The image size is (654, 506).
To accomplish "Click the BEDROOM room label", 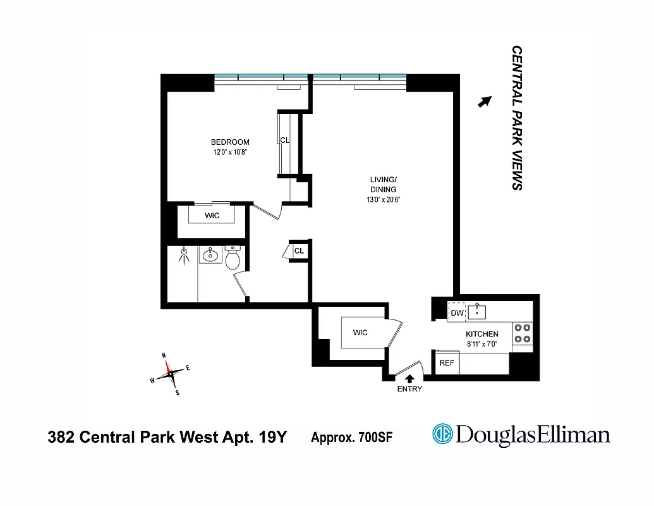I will click(230, 142).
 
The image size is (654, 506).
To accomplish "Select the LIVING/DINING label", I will click(383, 185).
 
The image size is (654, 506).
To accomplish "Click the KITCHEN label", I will click(482, 334).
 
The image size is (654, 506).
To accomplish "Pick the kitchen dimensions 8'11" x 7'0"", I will click(481, 344).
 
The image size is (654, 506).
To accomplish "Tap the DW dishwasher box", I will click(457, 313).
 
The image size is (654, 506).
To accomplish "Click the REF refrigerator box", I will click(447, 363).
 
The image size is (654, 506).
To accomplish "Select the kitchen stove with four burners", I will click(522, 333).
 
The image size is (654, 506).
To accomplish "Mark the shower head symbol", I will click(184, 254).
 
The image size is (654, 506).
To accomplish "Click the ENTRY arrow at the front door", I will click(409, 378).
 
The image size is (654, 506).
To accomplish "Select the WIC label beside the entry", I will click(360, 333).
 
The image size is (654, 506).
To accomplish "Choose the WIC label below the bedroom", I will click(212, 216).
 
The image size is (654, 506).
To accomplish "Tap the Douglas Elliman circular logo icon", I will click(442, 435).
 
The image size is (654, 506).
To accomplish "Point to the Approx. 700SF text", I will click(351, 436).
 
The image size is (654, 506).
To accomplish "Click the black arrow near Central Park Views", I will click(484, 102).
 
